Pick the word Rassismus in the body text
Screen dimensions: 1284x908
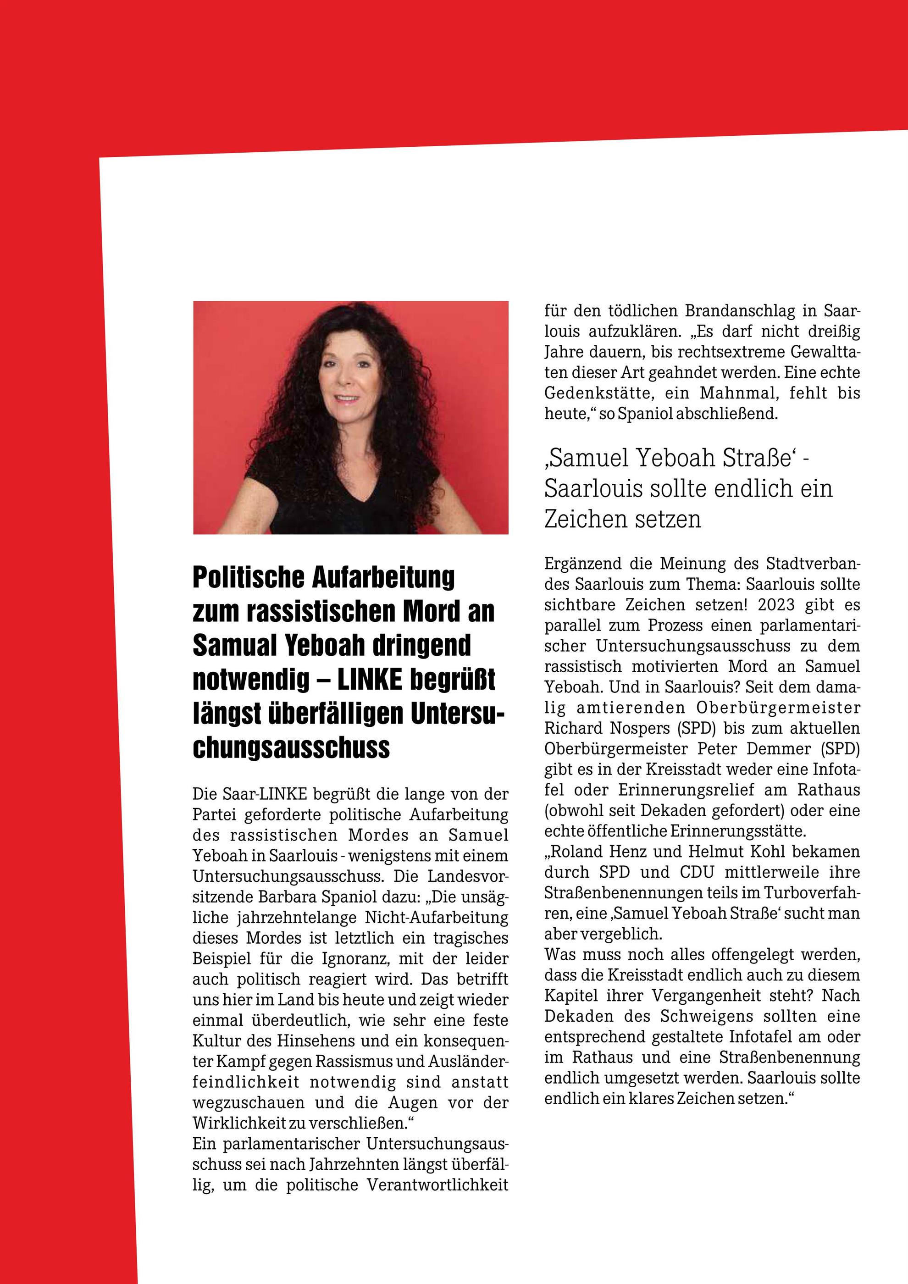[x=353, y=1062]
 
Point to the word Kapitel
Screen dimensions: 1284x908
[x=569, y=996]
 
